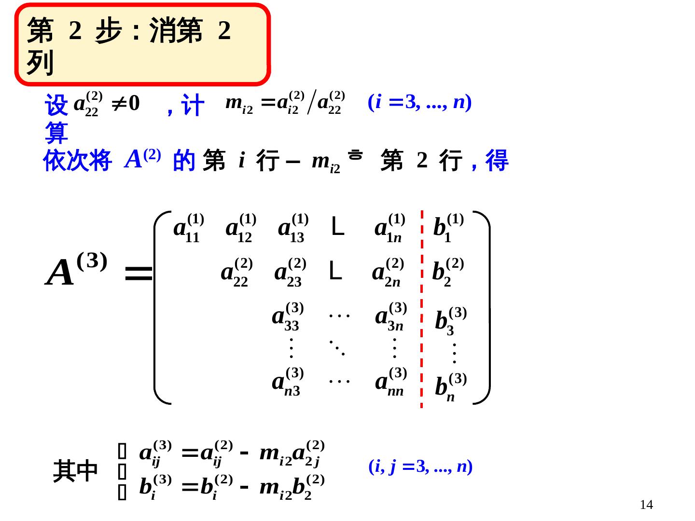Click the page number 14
[646, 505]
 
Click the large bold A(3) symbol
[76, 270]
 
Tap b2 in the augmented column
[447, 273]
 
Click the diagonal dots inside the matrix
[337, 347]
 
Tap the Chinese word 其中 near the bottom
[75, 471]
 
